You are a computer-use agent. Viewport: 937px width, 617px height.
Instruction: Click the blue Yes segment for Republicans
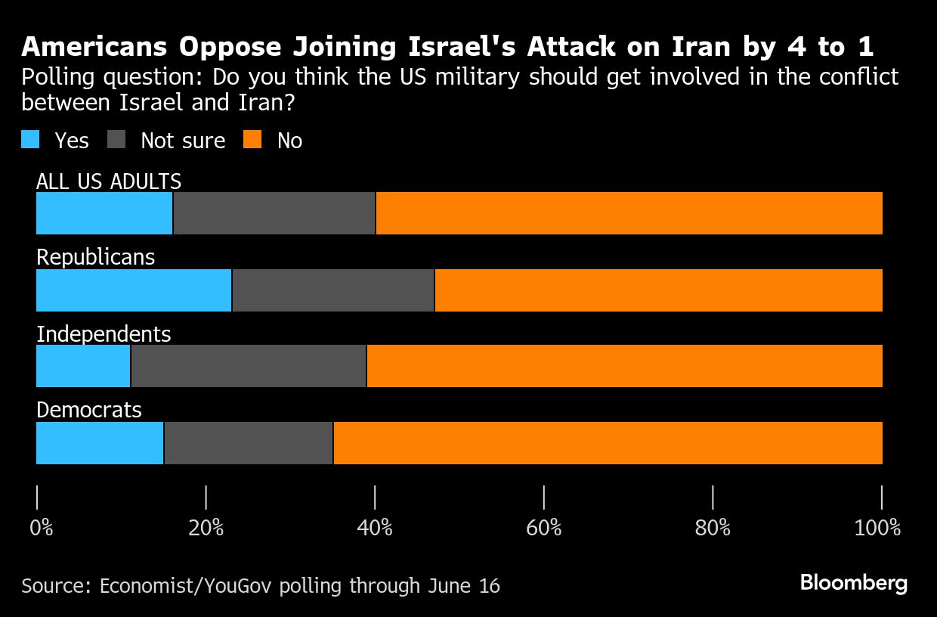134,290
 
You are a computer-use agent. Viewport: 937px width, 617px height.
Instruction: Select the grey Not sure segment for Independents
249,366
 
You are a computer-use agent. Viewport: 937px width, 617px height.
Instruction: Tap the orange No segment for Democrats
608,443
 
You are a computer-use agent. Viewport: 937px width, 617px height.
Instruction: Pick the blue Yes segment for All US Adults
104,213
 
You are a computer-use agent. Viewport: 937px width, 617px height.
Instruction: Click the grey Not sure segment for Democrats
249,443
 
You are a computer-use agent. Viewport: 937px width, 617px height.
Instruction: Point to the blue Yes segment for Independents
83,366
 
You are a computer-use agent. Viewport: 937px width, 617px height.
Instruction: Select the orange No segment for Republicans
658,290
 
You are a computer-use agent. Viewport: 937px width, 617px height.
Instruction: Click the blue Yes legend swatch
30,140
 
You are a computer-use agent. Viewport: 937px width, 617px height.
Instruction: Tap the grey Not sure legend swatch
117,140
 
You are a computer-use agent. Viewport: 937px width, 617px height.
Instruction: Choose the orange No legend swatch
253,140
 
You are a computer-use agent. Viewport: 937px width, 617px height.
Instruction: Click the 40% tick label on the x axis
375,528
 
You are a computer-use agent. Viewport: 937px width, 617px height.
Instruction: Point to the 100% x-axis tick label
877,528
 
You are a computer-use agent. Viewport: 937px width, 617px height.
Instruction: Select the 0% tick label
42,528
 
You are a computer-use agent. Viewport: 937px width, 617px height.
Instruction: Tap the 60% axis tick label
544,528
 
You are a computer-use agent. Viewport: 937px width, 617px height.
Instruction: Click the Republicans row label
96,257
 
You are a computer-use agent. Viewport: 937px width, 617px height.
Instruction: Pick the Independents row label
104,333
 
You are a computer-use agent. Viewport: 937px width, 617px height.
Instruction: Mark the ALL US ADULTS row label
109,181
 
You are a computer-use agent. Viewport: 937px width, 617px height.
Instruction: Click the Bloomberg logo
854,583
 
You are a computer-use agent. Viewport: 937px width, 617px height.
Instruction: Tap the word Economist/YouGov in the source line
187,586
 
